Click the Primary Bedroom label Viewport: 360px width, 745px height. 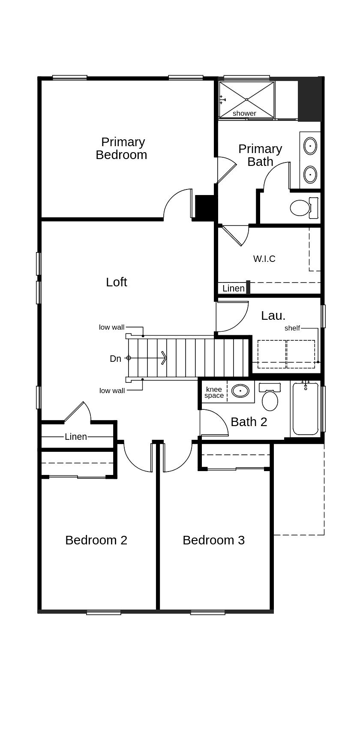tap(121, 148)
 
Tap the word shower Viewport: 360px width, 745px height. tap(244, 114)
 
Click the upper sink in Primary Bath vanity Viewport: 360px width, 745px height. tap(310, 146)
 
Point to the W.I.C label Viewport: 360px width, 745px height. tap(264, 259)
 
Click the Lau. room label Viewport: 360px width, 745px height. tap(273, 316)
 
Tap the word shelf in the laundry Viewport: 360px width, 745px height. tap(292, 328)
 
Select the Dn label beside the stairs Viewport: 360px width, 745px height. tap(115, 359)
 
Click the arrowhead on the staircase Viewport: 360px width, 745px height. tap(164, 357)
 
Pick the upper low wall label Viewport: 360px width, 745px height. tap(111, 327)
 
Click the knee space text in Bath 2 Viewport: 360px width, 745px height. tap(214, 393)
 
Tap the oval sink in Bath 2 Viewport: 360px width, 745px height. tap(240, 391)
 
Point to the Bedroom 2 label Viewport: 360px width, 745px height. tap(96, 540)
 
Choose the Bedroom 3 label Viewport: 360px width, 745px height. tap(213, 540)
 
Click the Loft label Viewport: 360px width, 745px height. tap(117, 282)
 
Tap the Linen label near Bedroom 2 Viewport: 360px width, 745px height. tap(76, 437)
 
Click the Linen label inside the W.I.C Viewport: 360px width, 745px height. tap(233, 288)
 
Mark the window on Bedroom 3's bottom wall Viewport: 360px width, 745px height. tap(207, 613)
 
